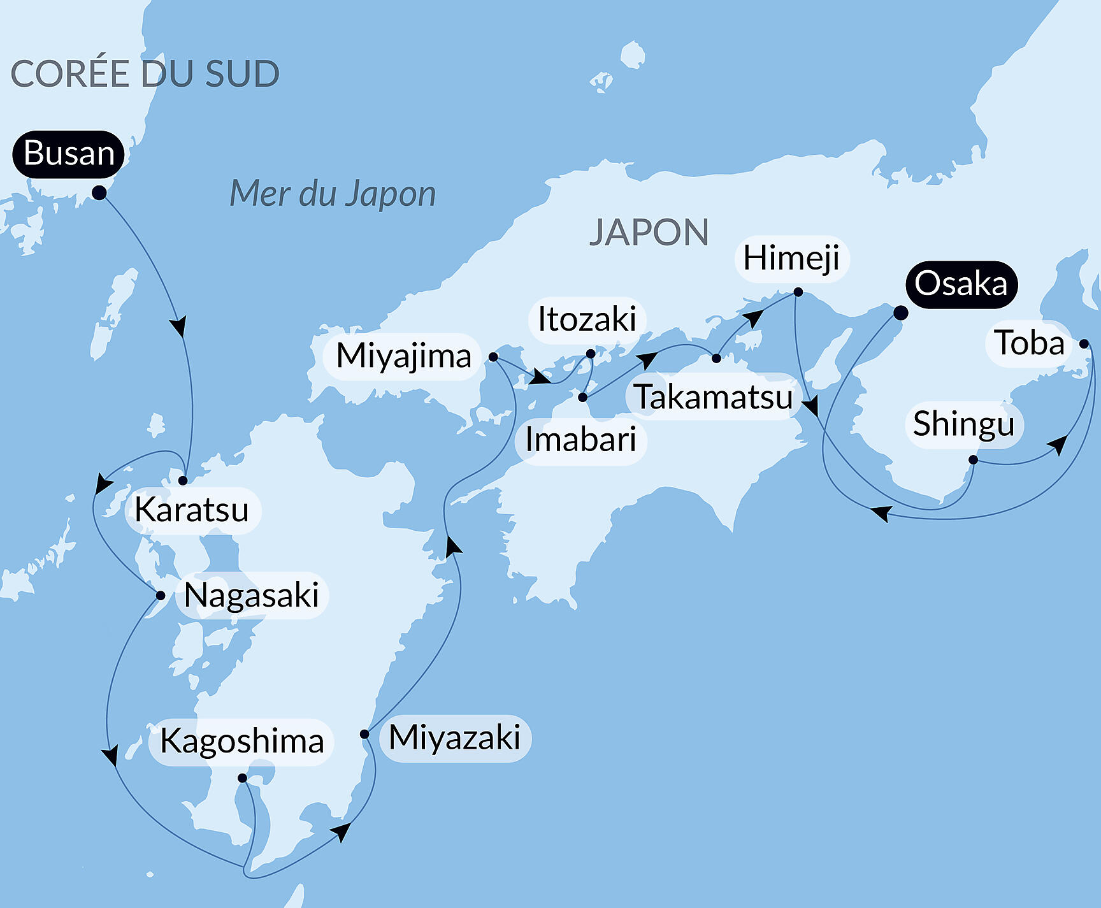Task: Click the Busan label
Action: [69, 154]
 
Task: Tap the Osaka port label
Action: [961, 284]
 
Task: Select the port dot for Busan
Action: [99, 192]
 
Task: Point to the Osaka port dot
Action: [900, 313]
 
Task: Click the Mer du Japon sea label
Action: [333, 194]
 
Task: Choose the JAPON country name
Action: [649, 233]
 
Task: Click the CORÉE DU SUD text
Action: [145, 74]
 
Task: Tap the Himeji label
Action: [791, 259]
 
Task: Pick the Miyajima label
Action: [403, 356]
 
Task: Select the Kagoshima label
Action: [241, 742]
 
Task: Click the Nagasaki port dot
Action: [161, 596]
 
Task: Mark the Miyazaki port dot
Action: [364, 734]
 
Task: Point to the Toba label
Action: [1028, 343]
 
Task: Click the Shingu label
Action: [963, 424]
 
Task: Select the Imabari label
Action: [580, 440]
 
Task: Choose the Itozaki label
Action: [587, 319]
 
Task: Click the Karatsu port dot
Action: [183, 480]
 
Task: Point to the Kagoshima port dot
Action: [242, 778]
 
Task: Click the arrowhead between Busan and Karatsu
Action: [179, 326]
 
